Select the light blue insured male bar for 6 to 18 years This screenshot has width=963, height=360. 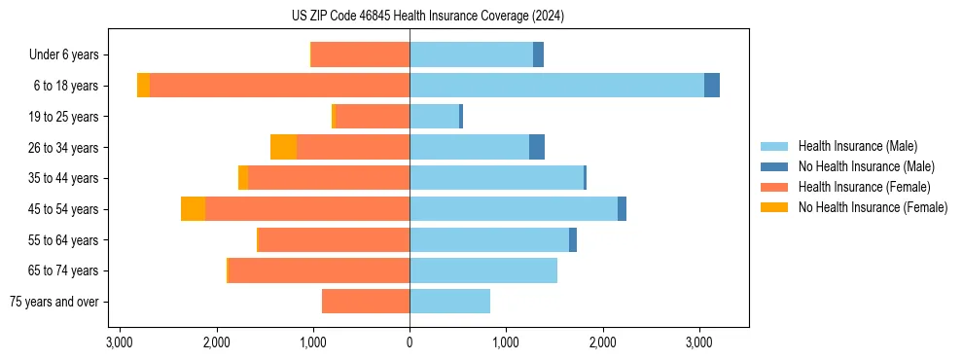pos(556,86)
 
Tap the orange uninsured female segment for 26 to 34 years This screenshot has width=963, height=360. pos(283,147)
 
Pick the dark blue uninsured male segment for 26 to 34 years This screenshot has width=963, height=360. pos(537,147)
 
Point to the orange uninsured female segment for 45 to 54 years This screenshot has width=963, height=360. pos(193,209)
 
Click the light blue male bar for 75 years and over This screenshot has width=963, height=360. pos(449,302)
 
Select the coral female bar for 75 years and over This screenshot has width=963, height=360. pos(366,302)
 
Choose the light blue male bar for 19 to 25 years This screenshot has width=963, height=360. pos(434,117)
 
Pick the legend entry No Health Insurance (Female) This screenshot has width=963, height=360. pos(873,207)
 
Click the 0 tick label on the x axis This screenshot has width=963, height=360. pos(410,343)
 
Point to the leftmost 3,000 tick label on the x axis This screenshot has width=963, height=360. pos(120,343)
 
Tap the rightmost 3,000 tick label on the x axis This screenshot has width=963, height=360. pos(699,343)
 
